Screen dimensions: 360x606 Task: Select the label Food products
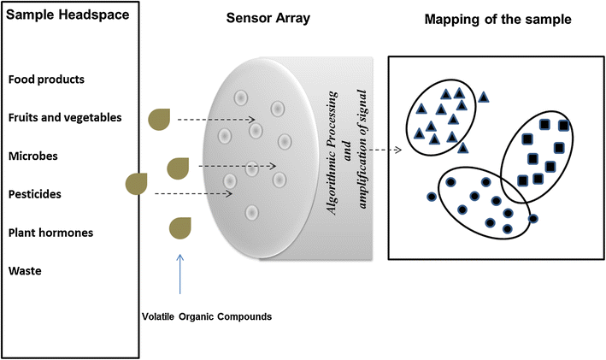click(x=45, y=80)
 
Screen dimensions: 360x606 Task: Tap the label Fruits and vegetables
click(x=65, y=117)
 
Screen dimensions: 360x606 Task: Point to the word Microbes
click(x=33, y=156)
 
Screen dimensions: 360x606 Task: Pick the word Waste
click(x=25, y=271)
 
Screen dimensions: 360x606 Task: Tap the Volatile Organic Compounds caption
click(x=206, y=317)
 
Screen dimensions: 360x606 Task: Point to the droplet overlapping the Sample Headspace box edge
click(x=136, y=184)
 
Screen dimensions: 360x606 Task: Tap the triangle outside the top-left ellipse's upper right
click(x=485, y=97)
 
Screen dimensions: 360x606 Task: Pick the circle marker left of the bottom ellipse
click(x=431, y=197)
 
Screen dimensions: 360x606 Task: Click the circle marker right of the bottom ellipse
click(x=533, y=218)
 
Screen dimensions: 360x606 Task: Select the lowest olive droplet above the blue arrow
click(x=180, y=228)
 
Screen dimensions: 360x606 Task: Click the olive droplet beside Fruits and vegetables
click(x=160, y=120)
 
